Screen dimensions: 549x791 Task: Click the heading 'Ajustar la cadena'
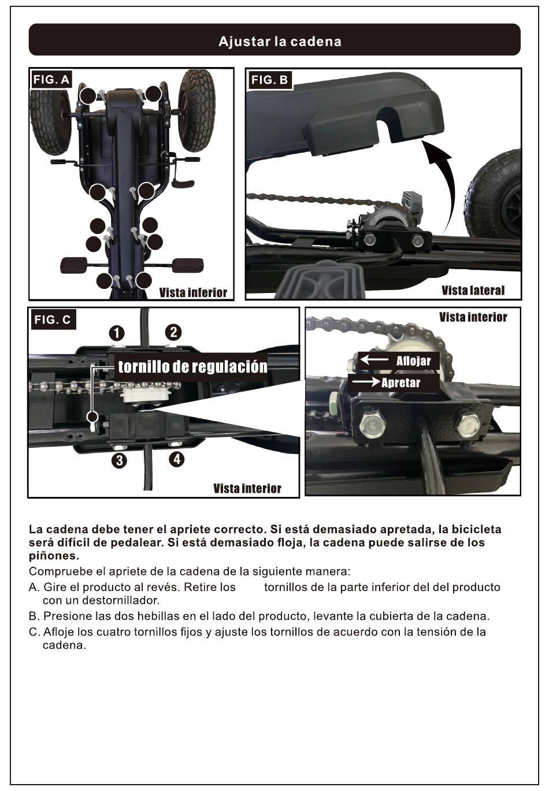pyautogui.click(x=280, y=42)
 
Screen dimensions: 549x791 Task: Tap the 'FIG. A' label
pyautogui.click(x=51, y=80)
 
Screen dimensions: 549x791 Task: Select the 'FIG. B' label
pyautogui.click(x=269, y=80)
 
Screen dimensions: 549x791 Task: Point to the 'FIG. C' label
pyautogui.click(x=53, y=320)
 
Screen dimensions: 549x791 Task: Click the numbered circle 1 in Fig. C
pyautogui.click(x=117, y=333)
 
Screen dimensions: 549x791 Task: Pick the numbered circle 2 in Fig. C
pyautogui.click(x=173, y=332)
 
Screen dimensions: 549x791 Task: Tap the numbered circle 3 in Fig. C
pyautogui.click(x=120, y=461)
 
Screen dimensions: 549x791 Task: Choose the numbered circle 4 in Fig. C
pyautogui.click(x=177, y=459)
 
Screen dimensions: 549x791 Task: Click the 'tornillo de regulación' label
pyautogui.click(x=192, y=367)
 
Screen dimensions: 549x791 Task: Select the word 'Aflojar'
pyautogui.click(x=413, y=361)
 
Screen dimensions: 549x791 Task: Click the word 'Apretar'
pyautogui.click(x=401, y=382)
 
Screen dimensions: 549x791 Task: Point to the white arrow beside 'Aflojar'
pyautogui.click(x=374, y=360)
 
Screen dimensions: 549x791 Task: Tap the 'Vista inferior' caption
pyautogui.click(x=193, y=293)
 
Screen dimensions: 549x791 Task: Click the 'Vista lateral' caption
pyautogui.click(x=473, y=290)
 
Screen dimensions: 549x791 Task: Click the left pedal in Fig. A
pyautogui.click(x=73, y=265)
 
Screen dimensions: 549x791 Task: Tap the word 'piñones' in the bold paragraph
pyautogui.click(x=54, y=556)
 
